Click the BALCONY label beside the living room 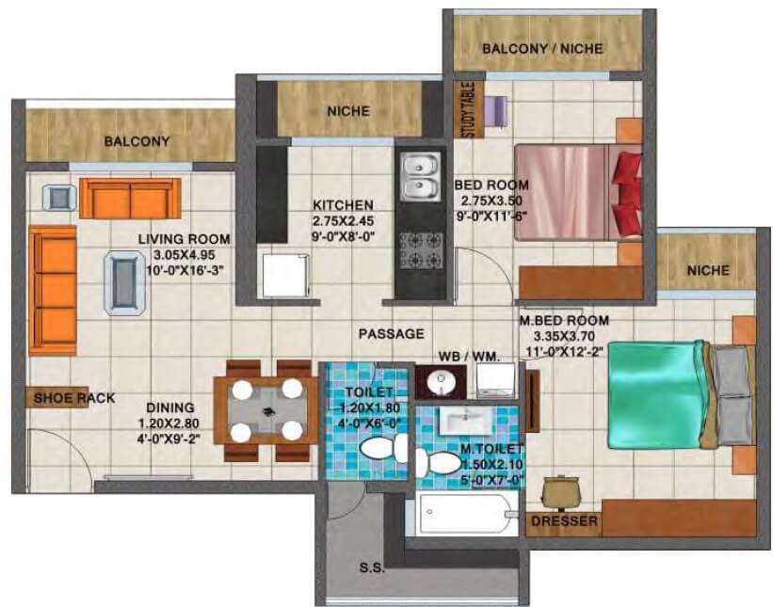137,141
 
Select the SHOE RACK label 74,398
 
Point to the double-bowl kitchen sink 418,176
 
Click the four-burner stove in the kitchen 419,249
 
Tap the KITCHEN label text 344,204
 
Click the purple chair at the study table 497,109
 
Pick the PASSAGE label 390,333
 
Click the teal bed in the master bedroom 657,394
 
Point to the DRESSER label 563,519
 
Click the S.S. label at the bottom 371,567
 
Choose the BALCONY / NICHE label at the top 542,48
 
